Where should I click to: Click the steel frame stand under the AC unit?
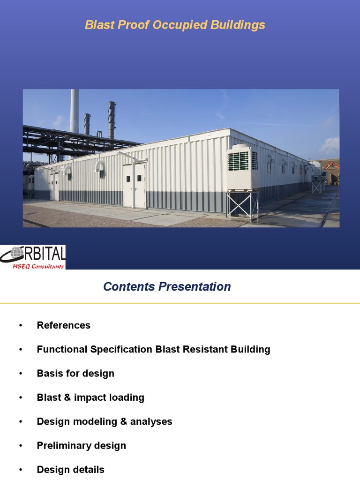pos(242,205)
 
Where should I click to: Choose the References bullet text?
pos(64,325)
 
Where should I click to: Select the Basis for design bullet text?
pos(75,374)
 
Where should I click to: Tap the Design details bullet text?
pos(71,469)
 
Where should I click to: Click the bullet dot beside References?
pos(21,326)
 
